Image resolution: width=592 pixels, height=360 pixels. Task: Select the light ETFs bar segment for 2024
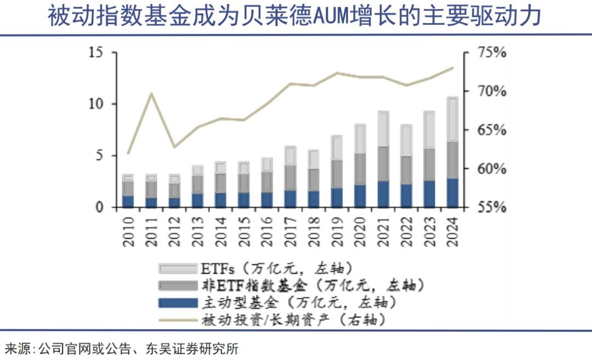point(452,119)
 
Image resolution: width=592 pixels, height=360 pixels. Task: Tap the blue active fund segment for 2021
point(383,194)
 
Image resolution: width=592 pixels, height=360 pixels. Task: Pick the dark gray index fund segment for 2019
point(337,174)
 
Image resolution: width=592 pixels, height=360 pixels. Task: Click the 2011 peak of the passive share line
point(151,94)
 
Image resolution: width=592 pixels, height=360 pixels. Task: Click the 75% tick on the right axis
point(491,53)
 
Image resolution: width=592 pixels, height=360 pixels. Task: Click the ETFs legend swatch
point(177,268)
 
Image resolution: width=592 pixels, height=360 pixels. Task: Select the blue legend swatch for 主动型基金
point(177,302)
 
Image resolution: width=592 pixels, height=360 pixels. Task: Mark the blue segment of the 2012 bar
point(174,202)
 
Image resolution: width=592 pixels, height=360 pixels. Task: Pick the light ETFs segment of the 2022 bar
point(406,141)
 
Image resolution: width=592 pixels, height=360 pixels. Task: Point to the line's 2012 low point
point(174,147)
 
